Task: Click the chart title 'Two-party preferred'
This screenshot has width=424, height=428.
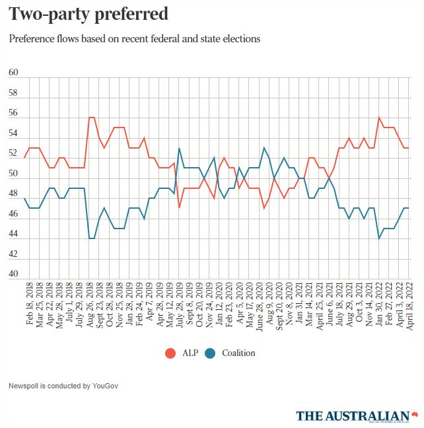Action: click(x=88, y=13)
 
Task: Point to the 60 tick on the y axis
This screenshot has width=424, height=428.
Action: click(x=13, y=73)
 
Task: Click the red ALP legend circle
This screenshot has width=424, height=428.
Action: click(x=170, y=353)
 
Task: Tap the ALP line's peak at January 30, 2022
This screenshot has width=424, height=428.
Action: click(x=379, y=118)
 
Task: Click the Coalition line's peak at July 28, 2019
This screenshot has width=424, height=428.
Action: click(x=179, y=148)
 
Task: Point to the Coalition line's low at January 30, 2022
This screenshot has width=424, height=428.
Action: click(x=379, y=238)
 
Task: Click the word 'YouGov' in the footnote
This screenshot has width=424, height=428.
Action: click(x=88, y=385)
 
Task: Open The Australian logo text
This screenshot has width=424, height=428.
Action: click(x=353, y=415)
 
